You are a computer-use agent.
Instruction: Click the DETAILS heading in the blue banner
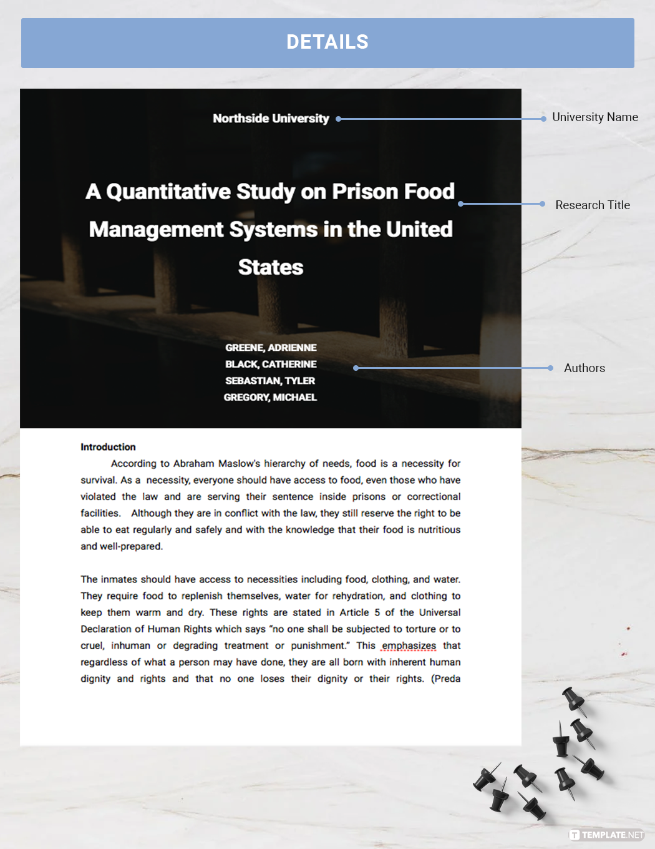(x=327, y=42)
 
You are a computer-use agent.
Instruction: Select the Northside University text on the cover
(x=271, y=119)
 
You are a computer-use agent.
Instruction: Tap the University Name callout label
(x=594, y=117)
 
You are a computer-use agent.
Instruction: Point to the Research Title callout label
(x=592, y=205)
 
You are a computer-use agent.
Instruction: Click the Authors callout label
(x=584, y=368)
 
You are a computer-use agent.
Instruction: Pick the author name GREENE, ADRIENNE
(x=271, y=348)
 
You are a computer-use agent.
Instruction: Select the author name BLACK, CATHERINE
(x=271, y=364)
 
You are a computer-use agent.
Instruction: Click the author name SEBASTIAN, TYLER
(x=270, y=381)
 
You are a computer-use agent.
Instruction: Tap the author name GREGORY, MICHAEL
(x=270, y=397)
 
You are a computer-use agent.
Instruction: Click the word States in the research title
(x=271, y=267)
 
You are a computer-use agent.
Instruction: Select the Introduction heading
(x=108, y=447)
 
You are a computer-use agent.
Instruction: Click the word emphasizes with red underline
(x=409, y=645)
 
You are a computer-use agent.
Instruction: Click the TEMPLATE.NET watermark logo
(x=606, y=835)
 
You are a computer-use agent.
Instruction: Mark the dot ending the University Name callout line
(x=544, y=119)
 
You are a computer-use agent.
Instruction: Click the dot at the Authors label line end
(x=550, y=368)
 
